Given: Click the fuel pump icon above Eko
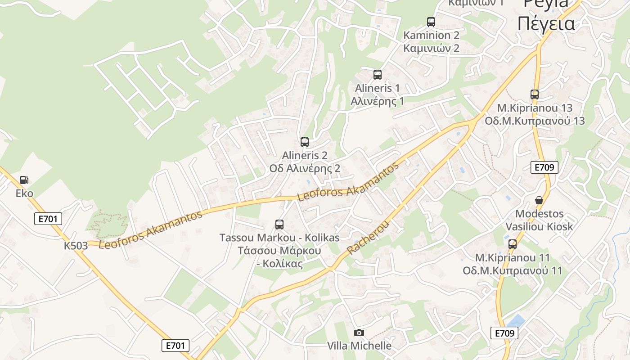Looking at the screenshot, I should coord(24,180).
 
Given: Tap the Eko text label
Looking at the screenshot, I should coord(24,193).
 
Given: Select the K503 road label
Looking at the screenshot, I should coord(76,246).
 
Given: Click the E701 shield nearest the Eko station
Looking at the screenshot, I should coord(48,219).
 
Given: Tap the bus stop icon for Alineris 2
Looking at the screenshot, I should coord(305,142).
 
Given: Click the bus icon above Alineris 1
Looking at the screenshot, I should coord(377,75).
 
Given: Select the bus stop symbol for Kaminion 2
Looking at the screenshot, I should coord(431,22).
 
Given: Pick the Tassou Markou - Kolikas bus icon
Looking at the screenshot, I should coord(279,224).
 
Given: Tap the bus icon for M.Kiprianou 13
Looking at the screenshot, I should coord(535,94).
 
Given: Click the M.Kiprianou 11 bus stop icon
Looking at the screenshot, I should coord(513,244).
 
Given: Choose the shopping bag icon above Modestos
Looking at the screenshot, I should coord(539,200).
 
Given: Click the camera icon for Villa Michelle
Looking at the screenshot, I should coord(359,333).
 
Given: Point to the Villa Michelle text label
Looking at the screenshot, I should coord(359,346).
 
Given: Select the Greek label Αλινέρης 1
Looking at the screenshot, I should coord(377,101).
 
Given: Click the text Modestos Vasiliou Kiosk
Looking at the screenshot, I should coord(540,220).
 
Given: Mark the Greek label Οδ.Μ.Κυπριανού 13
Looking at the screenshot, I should coord(535,121).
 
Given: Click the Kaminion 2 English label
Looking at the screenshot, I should coord(431,35).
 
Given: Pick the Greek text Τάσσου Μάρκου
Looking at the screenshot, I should coord(279,251).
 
